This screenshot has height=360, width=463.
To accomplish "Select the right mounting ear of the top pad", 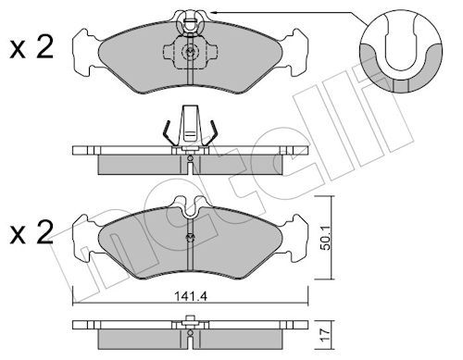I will (x=294, y=53).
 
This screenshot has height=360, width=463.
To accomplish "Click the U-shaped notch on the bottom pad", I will (x=190, y=211).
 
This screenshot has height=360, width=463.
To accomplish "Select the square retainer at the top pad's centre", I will (x=190, y=53).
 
